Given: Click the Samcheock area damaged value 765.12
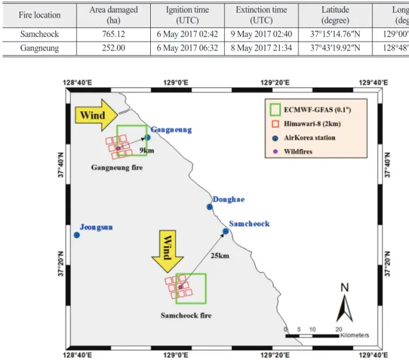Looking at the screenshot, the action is (114, 34).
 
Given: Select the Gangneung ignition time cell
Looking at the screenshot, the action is (187, 48).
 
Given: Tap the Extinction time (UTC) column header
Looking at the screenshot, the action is (261, 15).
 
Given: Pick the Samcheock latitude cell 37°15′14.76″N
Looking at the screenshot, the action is (335, 34).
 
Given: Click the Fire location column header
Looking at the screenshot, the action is (40, 15).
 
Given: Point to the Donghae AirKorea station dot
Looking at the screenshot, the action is (210, 207).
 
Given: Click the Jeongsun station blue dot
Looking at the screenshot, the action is (77, 235).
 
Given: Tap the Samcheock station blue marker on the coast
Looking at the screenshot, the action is (226, 231).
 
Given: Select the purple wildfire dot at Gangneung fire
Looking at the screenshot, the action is (118, 148).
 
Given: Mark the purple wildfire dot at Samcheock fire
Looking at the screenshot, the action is (180, 287).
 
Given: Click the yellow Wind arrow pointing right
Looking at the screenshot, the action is (96, 115).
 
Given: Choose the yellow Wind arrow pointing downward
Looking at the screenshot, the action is (167, 251).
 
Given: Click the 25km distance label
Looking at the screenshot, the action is (220, 256).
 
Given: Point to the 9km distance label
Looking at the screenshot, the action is (146, 150).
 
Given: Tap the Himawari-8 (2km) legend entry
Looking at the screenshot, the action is (307, 124).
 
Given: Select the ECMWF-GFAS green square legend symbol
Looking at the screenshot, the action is (275, 109).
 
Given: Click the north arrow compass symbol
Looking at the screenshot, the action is (344, 303).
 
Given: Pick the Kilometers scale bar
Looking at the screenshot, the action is (313, 336).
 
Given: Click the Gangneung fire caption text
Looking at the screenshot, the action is (117, 168).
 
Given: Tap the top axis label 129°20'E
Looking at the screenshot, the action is (275, 82).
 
